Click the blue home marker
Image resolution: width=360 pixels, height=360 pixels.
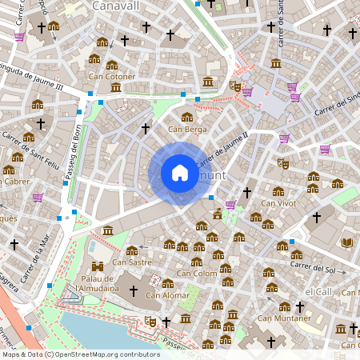coord(180,173)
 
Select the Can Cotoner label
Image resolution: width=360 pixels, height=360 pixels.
coord(111,77)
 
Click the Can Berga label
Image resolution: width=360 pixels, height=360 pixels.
coord(187,129)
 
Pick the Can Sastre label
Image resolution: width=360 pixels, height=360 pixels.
coord(132,262)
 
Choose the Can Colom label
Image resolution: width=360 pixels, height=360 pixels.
coord(197,274)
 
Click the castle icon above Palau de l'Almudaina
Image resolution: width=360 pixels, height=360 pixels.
coord(98,266)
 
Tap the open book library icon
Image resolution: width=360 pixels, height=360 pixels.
coord(347,242)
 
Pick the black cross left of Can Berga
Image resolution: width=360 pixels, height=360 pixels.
coord(146,128)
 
